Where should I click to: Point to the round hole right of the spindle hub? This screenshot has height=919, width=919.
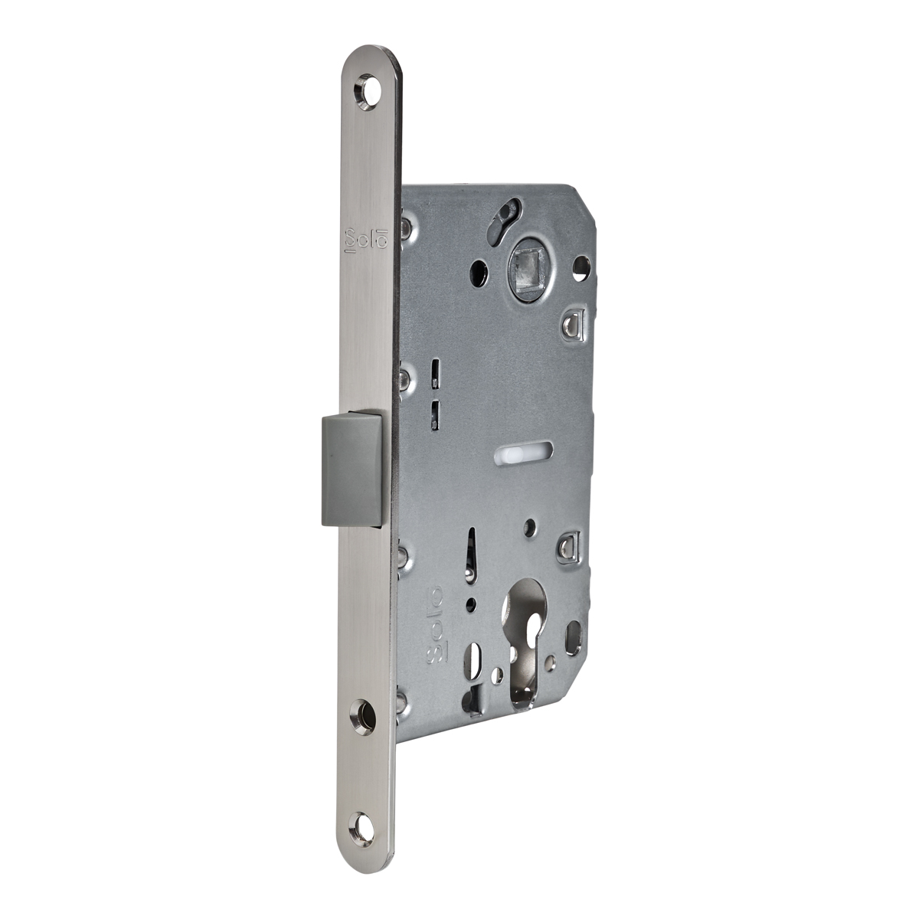pyautogui.click(x=582, y=267)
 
